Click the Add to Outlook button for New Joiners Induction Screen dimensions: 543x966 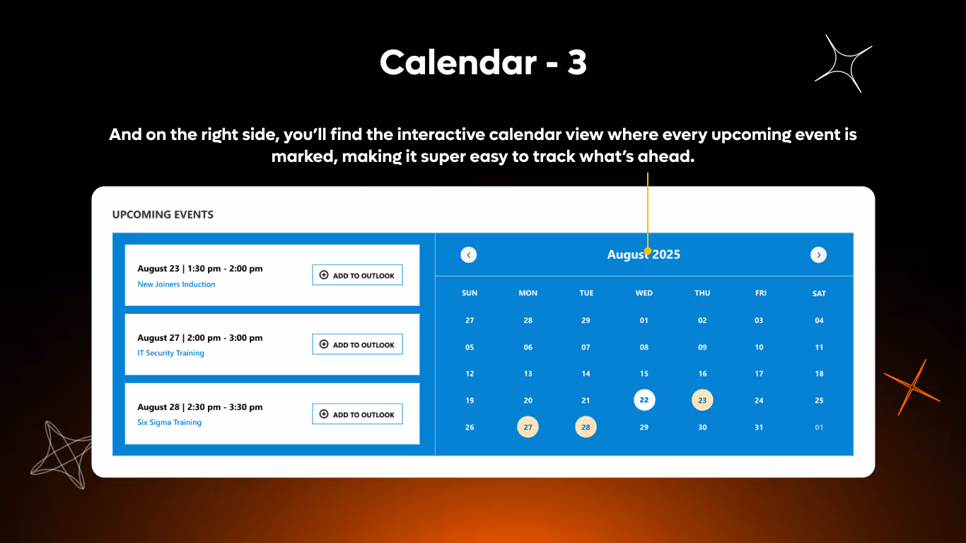(357, 275)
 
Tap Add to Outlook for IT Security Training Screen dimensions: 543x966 (357, 344)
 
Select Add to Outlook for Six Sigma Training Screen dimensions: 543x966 (357, 414)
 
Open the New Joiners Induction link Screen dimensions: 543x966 (176, 284)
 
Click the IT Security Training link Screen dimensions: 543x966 (170, 353)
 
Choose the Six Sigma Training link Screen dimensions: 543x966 (169, 422)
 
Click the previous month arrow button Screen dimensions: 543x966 (469, 255)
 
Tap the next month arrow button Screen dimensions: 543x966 (818, 255)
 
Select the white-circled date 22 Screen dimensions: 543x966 (644, 400)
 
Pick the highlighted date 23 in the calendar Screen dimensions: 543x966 (702, 400)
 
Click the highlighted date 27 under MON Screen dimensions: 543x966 (528, 427)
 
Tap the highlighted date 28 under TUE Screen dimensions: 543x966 (586, 427)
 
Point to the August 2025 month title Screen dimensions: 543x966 (644, 255)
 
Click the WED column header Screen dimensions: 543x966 (644, 293)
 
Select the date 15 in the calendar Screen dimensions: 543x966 (644, 373)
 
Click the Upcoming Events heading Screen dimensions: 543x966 (163, 214)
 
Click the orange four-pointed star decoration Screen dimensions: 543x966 (912, 387)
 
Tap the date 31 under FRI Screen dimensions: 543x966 (759, 427)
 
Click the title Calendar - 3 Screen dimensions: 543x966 (483, 63)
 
